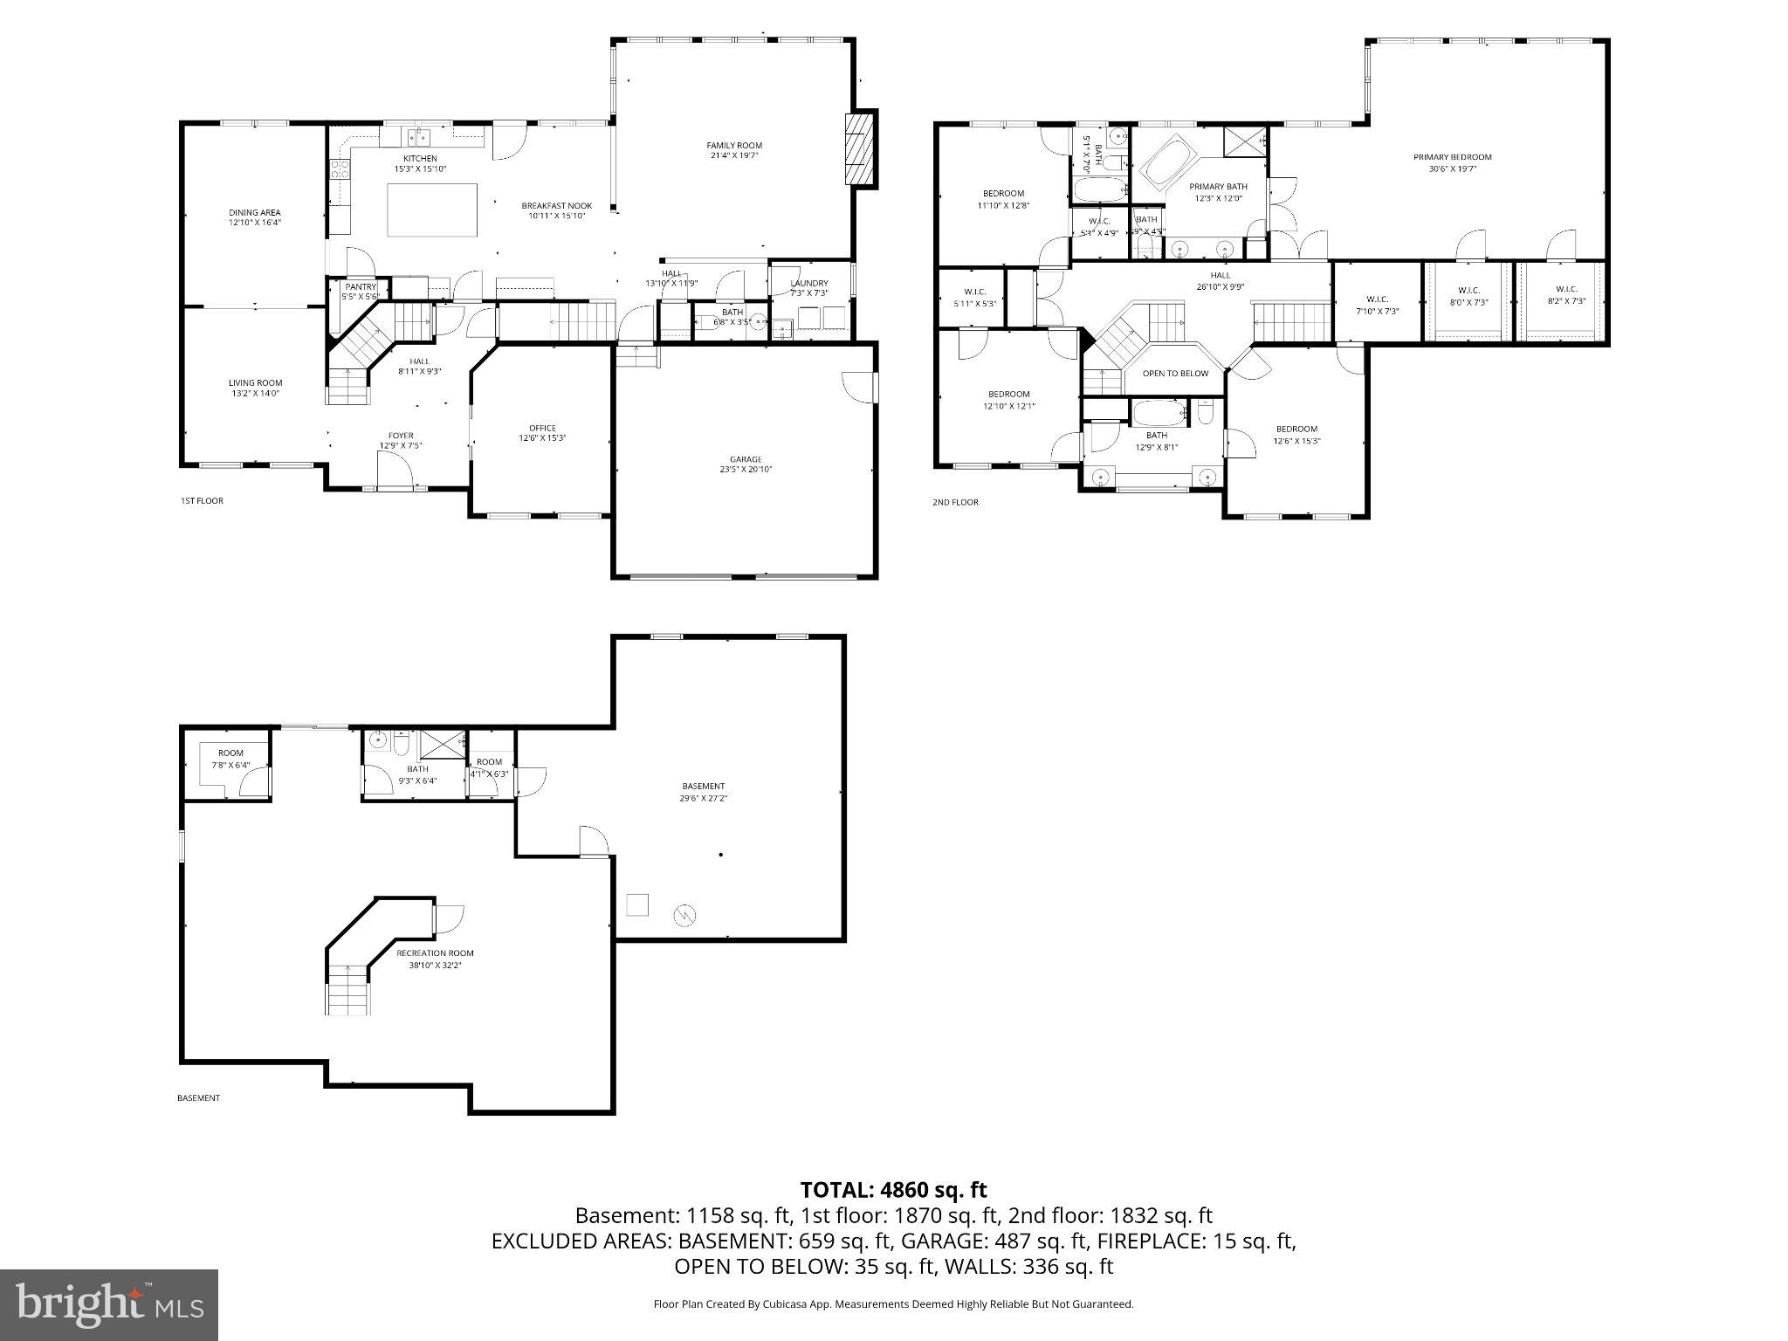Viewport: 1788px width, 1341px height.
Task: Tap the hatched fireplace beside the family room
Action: pos(860,148)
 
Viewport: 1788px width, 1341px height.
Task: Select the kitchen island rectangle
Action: pos(433,210)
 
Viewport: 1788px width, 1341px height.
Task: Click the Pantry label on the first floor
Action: pos(361,287)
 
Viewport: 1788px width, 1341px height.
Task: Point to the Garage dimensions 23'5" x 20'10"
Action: pos(745,470)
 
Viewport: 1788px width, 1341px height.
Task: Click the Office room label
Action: pos(542,428)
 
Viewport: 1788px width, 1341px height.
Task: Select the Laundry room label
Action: pos(809,283)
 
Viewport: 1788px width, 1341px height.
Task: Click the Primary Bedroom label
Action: pos(1452,157)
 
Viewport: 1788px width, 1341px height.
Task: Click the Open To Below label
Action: pos(1175,374)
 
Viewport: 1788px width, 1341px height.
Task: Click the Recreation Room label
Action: pos(435,953)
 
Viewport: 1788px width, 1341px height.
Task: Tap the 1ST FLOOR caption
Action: pos(202,501)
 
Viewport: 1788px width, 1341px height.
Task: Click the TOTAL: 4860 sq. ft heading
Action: pos(893,1190)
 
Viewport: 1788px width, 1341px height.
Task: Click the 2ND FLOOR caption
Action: pos(955,503)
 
